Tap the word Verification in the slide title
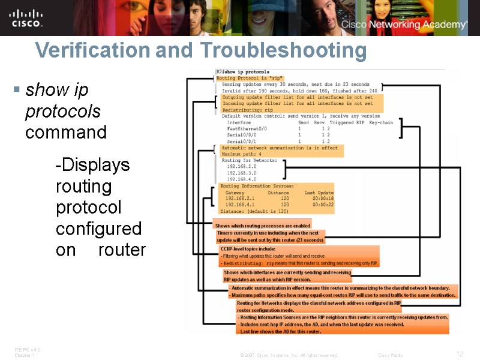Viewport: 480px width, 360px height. [x=92, y=50]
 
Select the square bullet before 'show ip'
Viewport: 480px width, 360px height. [x=17, y=91]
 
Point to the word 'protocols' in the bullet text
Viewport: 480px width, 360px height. [x=62, y=112]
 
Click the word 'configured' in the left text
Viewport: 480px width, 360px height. [x=98, y=229]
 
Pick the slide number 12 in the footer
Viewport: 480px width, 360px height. [x=460, y=354]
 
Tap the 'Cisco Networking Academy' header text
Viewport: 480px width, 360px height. [x=404, y=25]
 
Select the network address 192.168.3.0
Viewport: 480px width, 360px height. [x=242, y=173]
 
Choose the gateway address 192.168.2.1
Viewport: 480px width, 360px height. [x=240, y=198]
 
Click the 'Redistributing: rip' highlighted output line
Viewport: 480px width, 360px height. [x=247, y=110]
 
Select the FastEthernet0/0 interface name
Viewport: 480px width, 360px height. [x=247, y=128]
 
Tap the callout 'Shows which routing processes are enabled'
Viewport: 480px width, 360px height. [x=263, y=226]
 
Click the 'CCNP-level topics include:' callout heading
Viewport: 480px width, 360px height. [x=248, y=248]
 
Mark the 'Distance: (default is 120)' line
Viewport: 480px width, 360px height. [x=254, y=211]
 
